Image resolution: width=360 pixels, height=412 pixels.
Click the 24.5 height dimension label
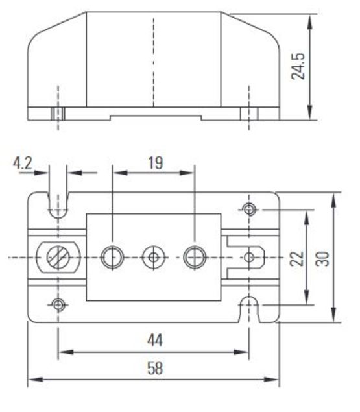[300, 66]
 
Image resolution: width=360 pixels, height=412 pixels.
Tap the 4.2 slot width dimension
[25, 163]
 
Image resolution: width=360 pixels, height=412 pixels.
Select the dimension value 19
[154, 162]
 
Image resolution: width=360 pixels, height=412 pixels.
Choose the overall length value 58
[154, 369]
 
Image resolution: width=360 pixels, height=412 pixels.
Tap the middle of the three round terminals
[154, 258]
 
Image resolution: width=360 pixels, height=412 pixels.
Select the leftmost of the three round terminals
[112, 258]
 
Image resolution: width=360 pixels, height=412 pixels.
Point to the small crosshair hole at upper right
[249, 209]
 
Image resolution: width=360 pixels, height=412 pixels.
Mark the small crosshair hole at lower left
[59, 304]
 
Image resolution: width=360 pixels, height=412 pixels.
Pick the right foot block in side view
[249, 114]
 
